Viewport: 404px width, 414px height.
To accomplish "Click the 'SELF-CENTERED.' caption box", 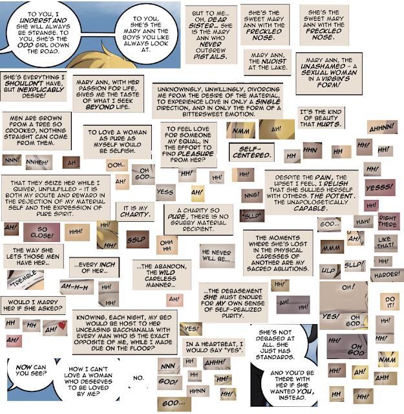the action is (x=251, y=154).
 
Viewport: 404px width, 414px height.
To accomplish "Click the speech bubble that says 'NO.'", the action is (x=138, y=377).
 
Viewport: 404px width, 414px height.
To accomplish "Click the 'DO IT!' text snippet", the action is (x=390, y=301).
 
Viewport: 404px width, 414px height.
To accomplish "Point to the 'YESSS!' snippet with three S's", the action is (x=379, y=188).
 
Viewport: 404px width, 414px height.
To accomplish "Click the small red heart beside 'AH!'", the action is (x=61, y=324).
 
